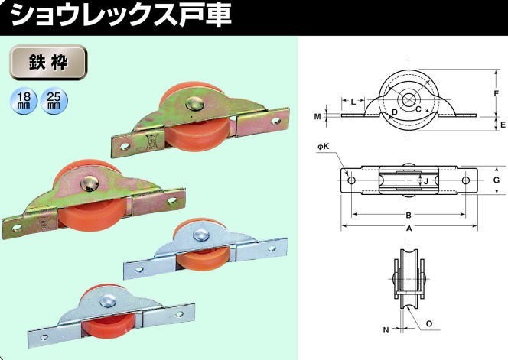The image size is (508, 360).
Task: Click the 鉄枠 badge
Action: click(48, 63)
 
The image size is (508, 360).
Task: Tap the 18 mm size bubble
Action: click(24, 100)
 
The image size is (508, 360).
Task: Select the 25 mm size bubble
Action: click(54, 100)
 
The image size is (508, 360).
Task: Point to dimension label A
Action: click(409, 229)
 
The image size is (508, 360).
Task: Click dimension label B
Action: click(409, 216)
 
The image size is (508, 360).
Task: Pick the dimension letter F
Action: click(496, 93)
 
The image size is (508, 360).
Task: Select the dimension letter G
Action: click(497, 180)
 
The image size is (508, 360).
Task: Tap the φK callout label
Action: click(324, 147)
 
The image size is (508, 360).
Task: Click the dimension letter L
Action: click(353, 102)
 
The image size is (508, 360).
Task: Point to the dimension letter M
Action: click(317, 116)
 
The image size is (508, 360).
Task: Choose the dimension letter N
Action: click(386, 330)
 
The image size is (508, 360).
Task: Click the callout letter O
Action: click(429, 324)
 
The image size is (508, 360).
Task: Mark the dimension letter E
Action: click(503, 125)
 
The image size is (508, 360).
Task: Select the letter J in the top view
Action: click(426, 181)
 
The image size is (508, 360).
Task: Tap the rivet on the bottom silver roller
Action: click(108, 300)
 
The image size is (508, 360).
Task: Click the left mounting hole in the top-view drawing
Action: click(351, 180)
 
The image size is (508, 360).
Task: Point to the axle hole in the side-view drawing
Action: click(409, 99)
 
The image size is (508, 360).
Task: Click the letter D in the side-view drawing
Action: click(394, 112)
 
